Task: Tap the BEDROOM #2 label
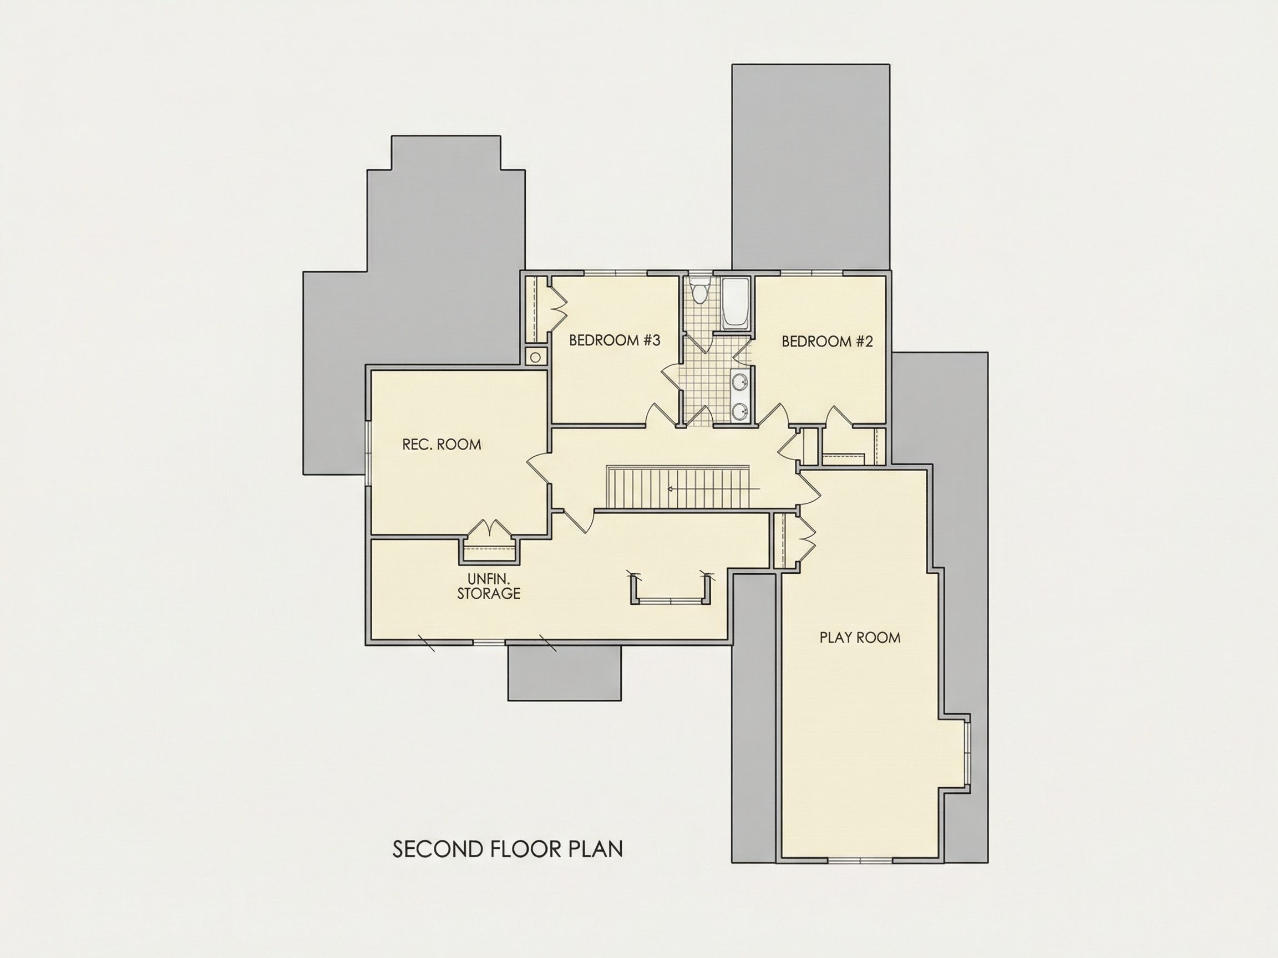tap(828, 342)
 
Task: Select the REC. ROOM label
tap(442, 444)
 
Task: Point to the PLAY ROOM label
tap(860, 638)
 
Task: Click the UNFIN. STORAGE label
tap(489, 586)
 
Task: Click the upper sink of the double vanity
tap(739, 381)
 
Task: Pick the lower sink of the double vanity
tap(739, 412)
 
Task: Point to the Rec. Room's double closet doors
tap(489, 529)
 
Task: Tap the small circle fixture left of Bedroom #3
tap(536, 358)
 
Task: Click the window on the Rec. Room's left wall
tap(367, 453)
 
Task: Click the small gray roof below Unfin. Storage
tap(565, 672)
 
